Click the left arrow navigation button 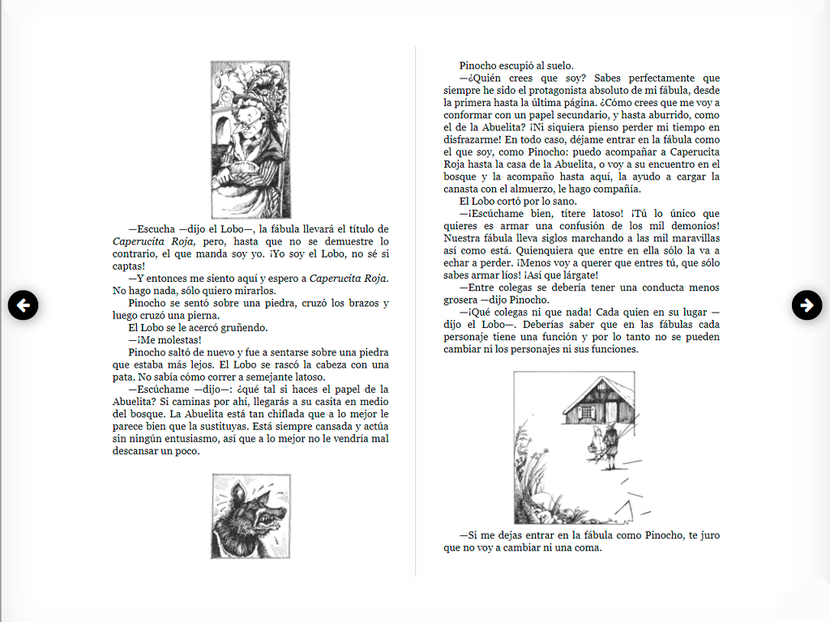pyautogui.click(x=23, y=305)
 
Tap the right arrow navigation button pyautogui.click(x=806, y=305)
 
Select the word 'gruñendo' pyautogui.click(x=243, y=328)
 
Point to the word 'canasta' pyautogui.click(x=464, y=190)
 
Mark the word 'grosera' pyautogui.click(x=460, y=300)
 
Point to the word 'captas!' pyautogui.click(x=129, y=266)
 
